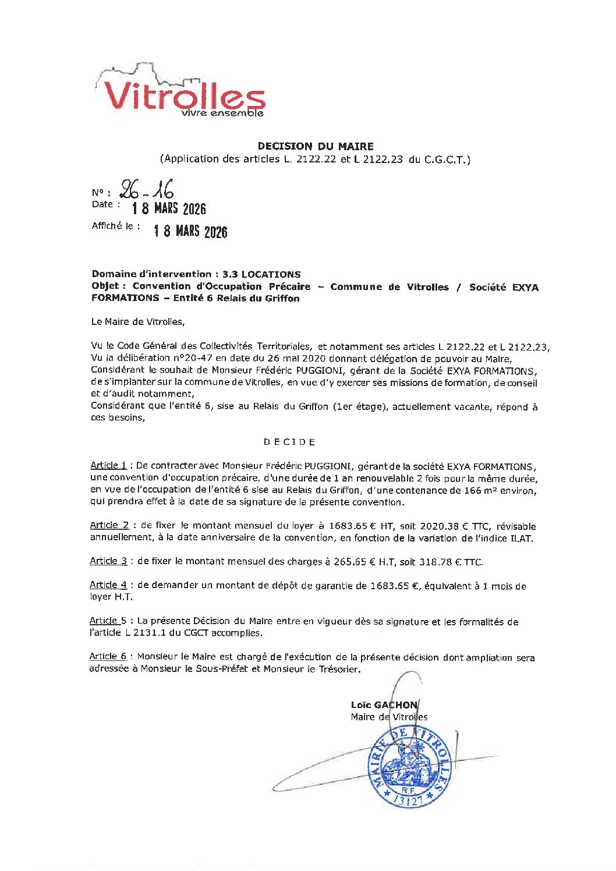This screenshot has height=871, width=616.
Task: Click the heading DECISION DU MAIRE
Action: (315, 146)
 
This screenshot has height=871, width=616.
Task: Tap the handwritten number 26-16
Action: (146, 190)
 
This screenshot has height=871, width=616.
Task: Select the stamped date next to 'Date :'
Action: (169, 208)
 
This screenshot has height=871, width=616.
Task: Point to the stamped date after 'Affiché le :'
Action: (190, 231)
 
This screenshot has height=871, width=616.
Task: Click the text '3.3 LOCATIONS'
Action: (261, 274)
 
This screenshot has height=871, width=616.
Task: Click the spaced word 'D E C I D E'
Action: (289, 442)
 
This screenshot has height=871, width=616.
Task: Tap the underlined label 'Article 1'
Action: (108, 465)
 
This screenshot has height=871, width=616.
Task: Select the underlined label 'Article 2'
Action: (109, 525)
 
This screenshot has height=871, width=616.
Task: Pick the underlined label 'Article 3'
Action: (108, 561)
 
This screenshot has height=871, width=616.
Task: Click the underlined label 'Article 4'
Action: (108, 585)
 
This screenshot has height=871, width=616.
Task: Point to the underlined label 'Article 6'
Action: (108, 656)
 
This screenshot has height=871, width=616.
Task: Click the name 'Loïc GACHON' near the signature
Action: (384, 704)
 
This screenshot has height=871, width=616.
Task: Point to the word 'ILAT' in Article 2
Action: (521, 538)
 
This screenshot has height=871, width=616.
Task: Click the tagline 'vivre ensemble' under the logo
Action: (222, 113)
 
